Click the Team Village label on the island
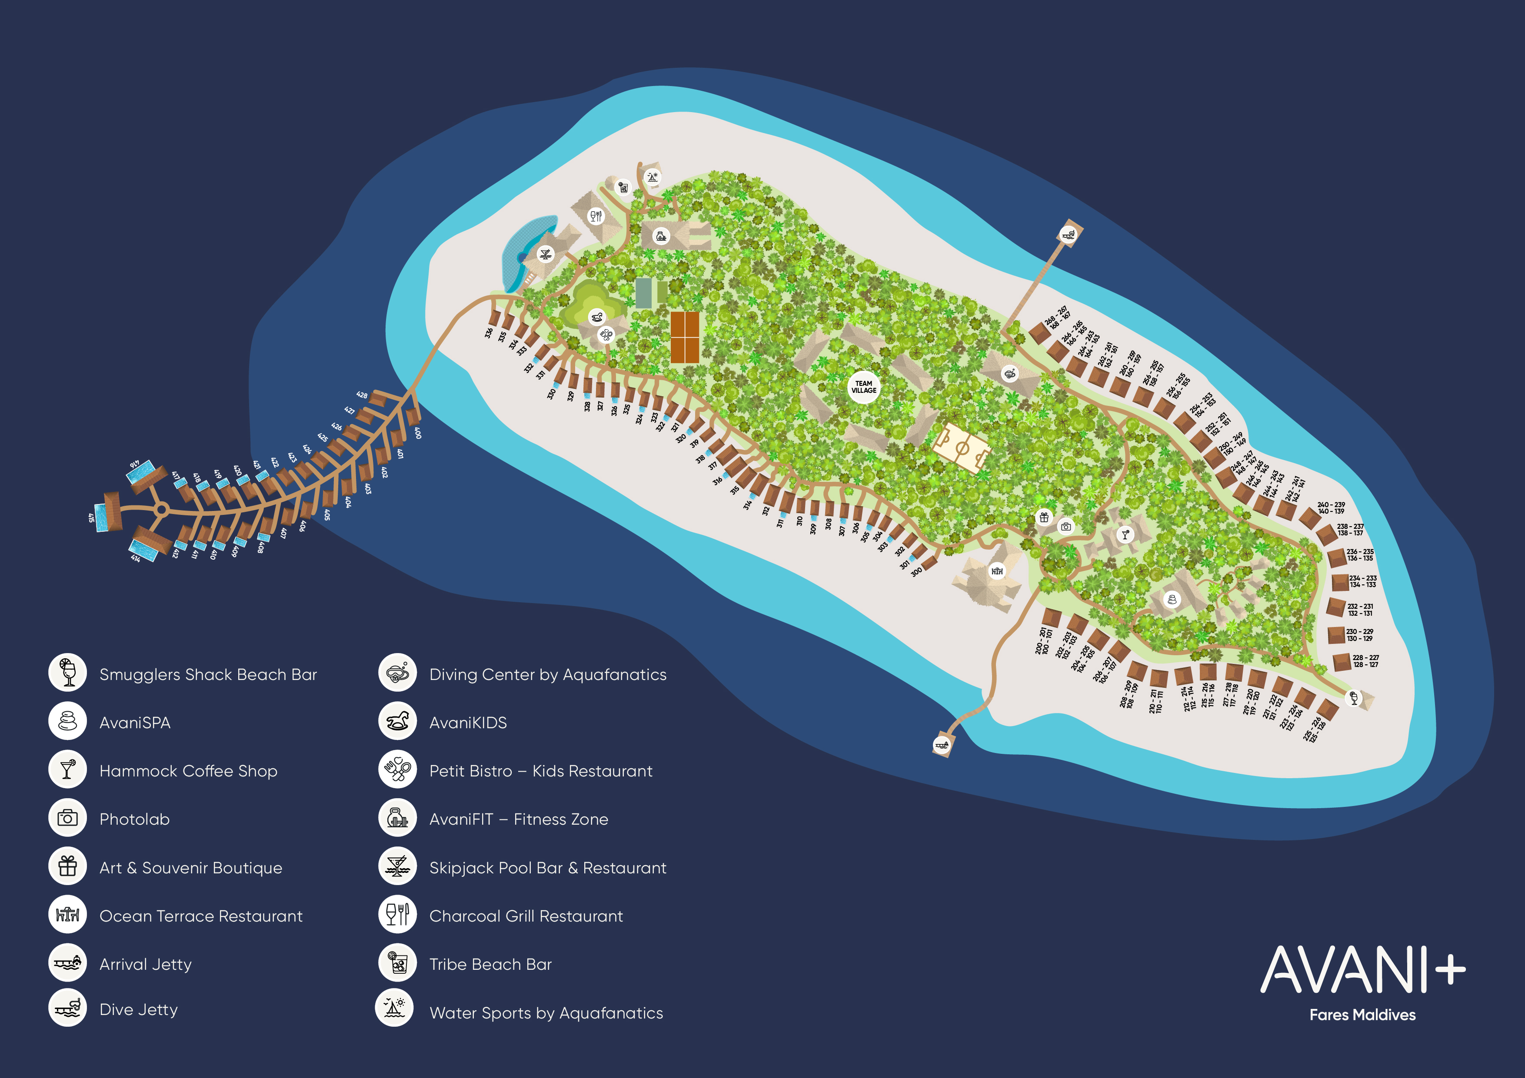point(863,387)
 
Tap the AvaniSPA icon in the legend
point(67,722)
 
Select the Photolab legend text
point(134,819)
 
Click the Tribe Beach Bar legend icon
point(397,963)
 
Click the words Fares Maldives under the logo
point(1362,1015)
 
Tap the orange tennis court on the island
point(684,337)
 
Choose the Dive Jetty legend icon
point(67,1008)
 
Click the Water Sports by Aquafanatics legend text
point(546,1013)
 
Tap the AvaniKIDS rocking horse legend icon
point(397,722)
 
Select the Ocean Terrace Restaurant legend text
point(200,916)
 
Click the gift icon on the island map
point(1044,517)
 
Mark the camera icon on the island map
point(1066,526)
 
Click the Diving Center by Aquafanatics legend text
point(547,674)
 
